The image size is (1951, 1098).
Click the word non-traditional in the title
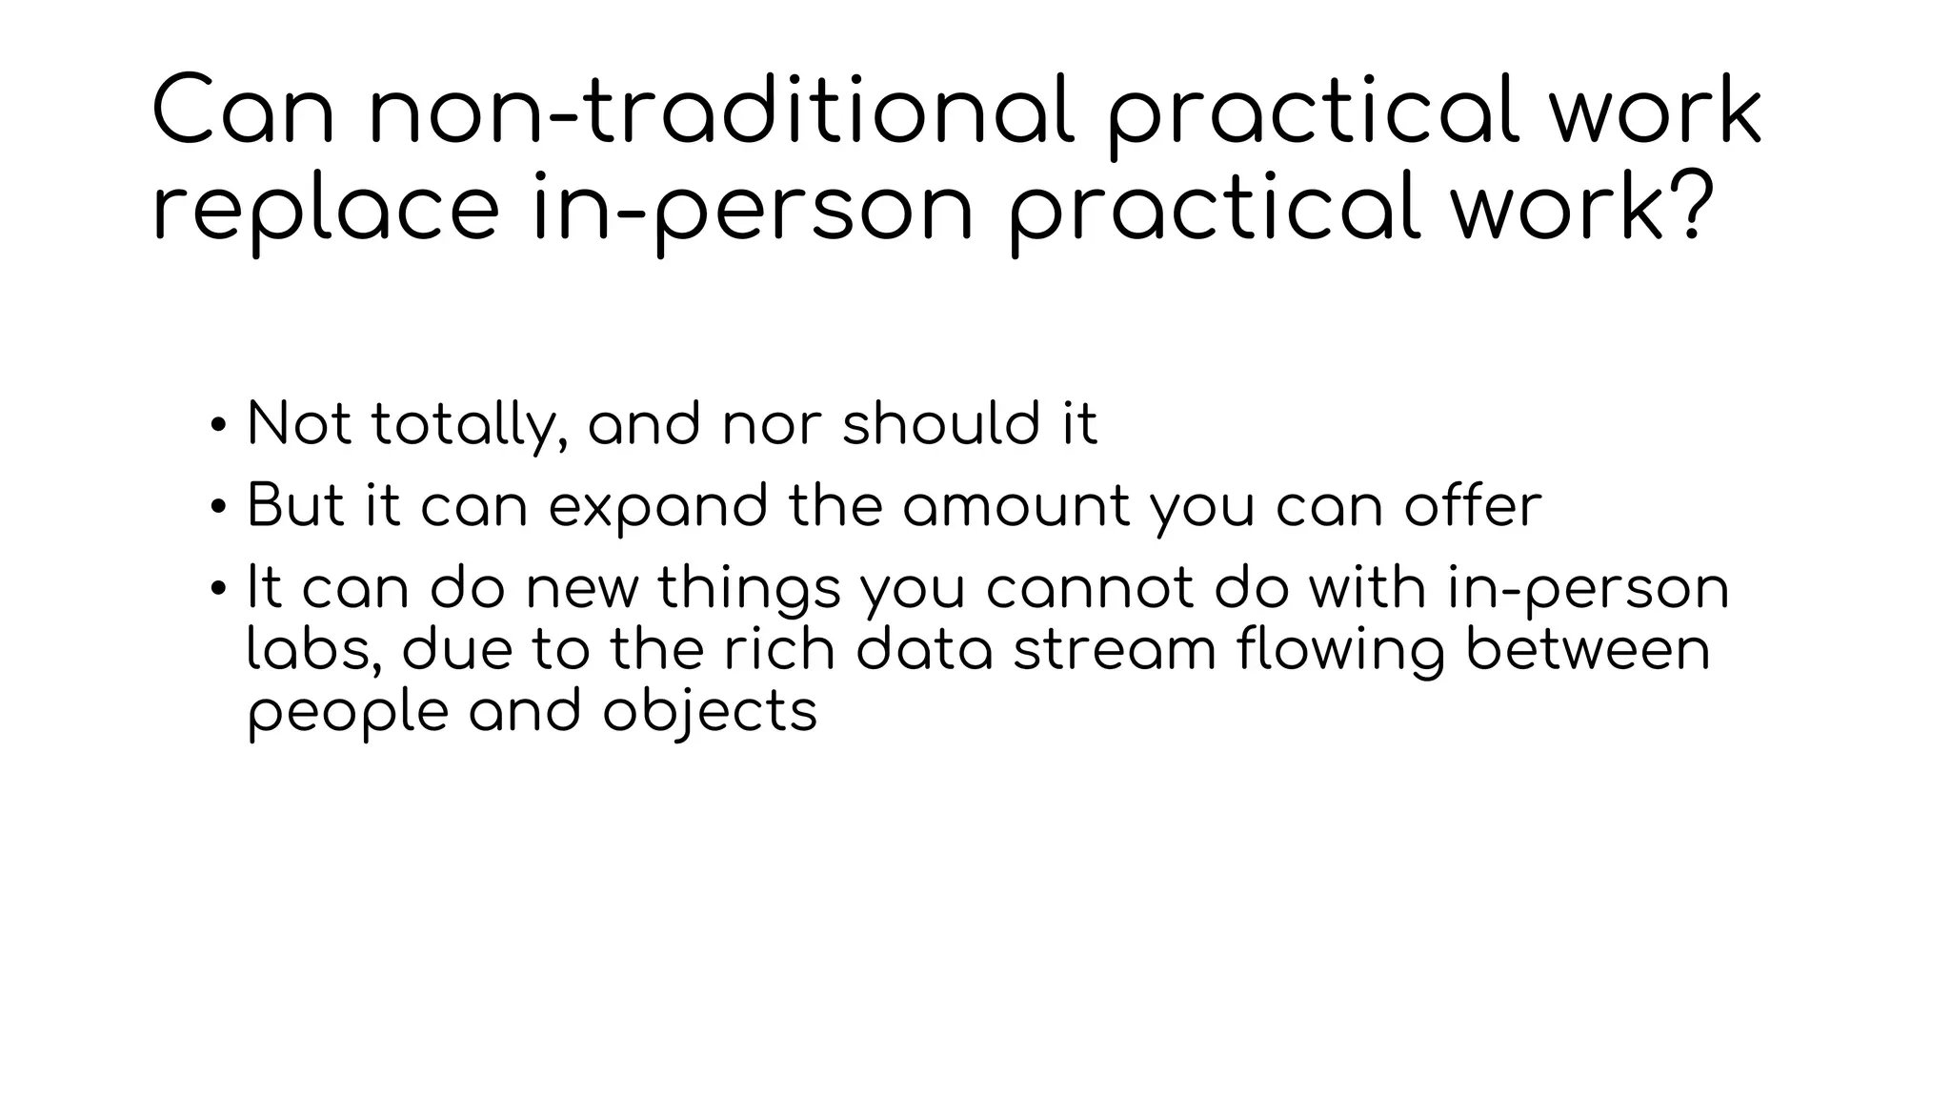723,112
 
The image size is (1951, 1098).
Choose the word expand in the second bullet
658,507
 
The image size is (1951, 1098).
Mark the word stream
1115,650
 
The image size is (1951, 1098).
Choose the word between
1588,650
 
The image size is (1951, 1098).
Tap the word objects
711,713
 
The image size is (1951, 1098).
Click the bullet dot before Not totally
218,425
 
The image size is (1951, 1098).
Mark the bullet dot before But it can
218,507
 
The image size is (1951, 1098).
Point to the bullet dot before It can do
218,588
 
